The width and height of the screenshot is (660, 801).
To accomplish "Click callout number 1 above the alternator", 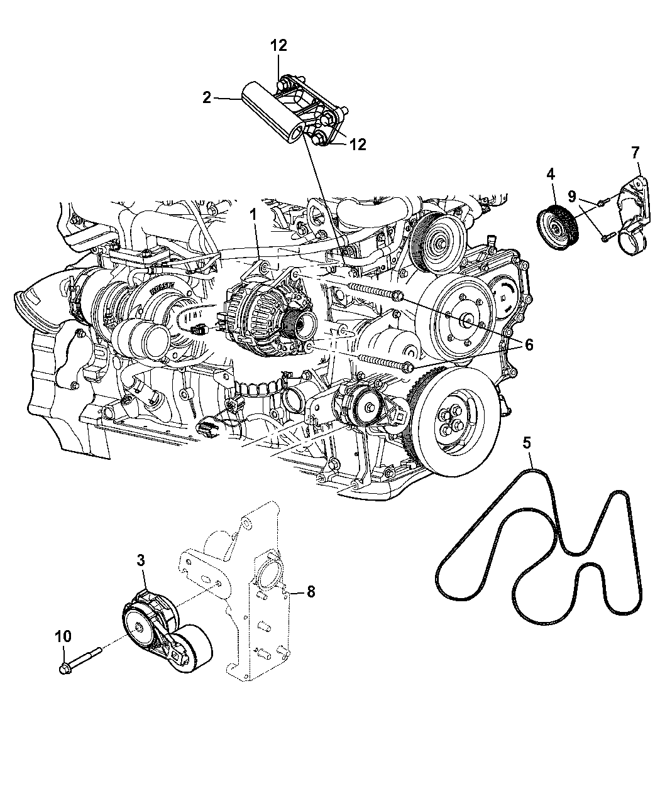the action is point(253,215).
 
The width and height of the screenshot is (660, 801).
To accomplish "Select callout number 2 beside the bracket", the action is point(207,98).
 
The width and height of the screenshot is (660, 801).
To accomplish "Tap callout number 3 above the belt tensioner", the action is point(141,560).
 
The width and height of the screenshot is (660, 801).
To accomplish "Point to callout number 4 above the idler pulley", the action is point(551,175).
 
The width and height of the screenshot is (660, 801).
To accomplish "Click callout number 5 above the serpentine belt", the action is point(527,443).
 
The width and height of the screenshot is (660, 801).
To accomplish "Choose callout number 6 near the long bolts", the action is point(529,345).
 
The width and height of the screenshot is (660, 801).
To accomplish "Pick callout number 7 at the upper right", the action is point(635,153).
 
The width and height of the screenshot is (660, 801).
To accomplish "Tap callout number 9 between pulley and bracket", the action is point(572,197).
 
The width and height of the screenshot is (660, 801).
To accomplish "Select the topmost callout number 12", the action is point(278,46).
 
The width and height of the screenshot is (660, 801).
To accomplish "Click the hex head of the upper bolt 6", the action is point(398,296).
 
